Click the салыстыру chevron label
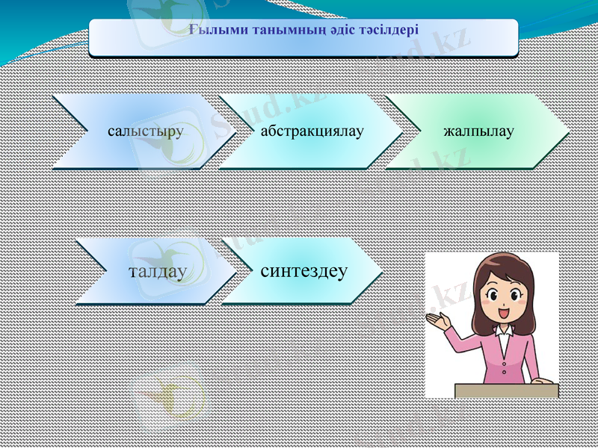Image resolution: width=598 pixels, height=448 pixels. (x=145, y=132)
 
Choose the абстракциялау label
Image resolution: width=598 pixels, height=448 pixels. (x=312, y=132)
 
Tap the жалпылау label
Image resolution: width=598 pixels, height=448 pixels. (x=478, y=132)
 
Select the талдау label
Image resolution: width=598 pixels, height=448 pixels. (x=157, y=271)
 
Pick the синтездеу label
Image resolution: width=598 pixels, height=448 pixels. (x=303, y=270)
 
